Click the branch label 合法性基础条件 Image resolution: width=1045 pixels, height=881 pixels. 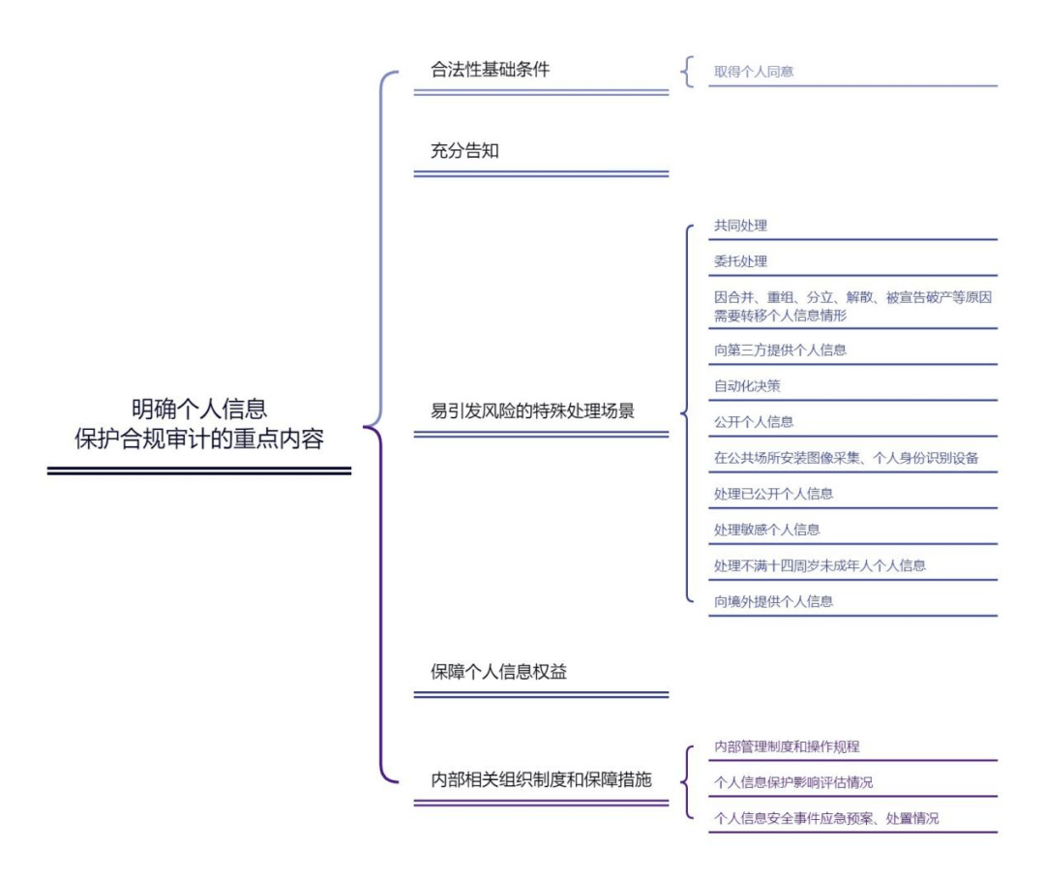tap(490, 70)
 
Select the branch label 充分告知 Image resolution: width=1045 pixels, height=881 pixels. tap(464, 151)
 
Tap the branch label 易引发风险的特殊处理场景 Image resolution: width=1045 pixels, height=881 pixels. tap(532, 410)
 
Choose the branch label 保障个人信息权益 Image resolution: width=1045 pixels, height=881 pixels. tap(498, 672)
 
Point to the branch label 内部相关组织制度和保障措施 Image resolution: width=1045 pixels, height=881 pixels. tap(541, 779)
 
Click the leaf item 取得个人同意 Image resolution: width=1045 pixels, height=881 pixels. tap(754, 72)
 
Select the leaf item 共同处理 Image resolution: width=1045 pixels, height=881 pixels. tap(740, 226)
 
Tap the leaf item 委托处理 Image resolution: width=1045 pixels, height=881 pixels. tap(740, 261)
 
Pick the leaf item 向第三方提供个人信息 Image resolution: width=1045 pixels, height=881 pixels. tap(780, 350)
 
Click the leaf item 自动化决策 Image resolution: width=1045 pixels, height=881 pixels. tap(747, 386)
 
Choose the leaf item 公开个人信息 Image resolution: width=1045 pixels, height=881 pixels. tap(754, 422)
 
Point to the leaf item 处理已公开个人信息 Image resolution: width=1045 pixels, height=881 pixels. tap(773, 494)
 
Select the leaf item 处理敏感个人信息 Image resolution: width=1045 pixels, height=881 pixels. tap(766, 531)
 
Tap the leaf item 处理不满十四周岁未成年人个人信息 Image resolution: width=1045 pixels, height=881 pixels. tap(820, 566)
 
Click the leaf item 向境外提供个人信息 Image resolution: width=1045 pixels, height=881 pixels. tap(773, 602)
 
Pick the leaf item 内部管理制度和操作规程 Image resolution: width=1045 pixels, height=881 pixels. tap(787, 747)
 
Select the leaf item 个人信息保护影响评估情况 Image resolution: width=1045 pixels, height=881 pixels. tap(793, 783)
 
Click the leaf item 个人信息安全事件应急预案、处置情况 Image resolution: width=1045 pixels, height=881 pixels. tap(826, 819)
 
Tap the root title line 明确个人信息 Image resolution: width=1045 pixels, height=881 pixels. tap(199, 409)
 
